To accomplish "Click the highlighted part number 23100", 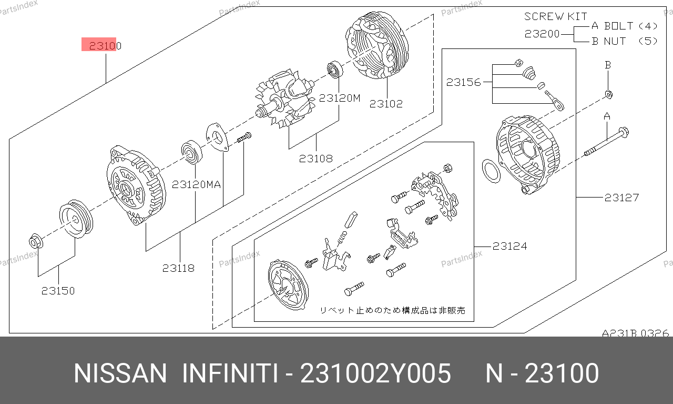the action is click(x=105, y=46).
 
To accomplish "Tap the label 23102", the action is click(x=386, y=104).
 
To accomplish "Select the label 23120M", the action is click(x=340, y=98).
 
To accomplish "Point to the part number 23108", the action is click(x=316, y=159).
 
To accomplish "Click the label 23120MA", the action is click(x=196, y=184).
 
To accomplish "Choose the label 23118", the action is click(x=178, y=268).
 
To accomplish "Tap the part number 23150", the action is click(x=58, y=291).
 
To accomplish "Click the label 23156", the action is click(x=464, y=82).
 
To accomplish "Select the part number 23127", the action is click(x=621, y=198).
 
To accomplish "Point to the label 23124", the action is click(x=510, y=247).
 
